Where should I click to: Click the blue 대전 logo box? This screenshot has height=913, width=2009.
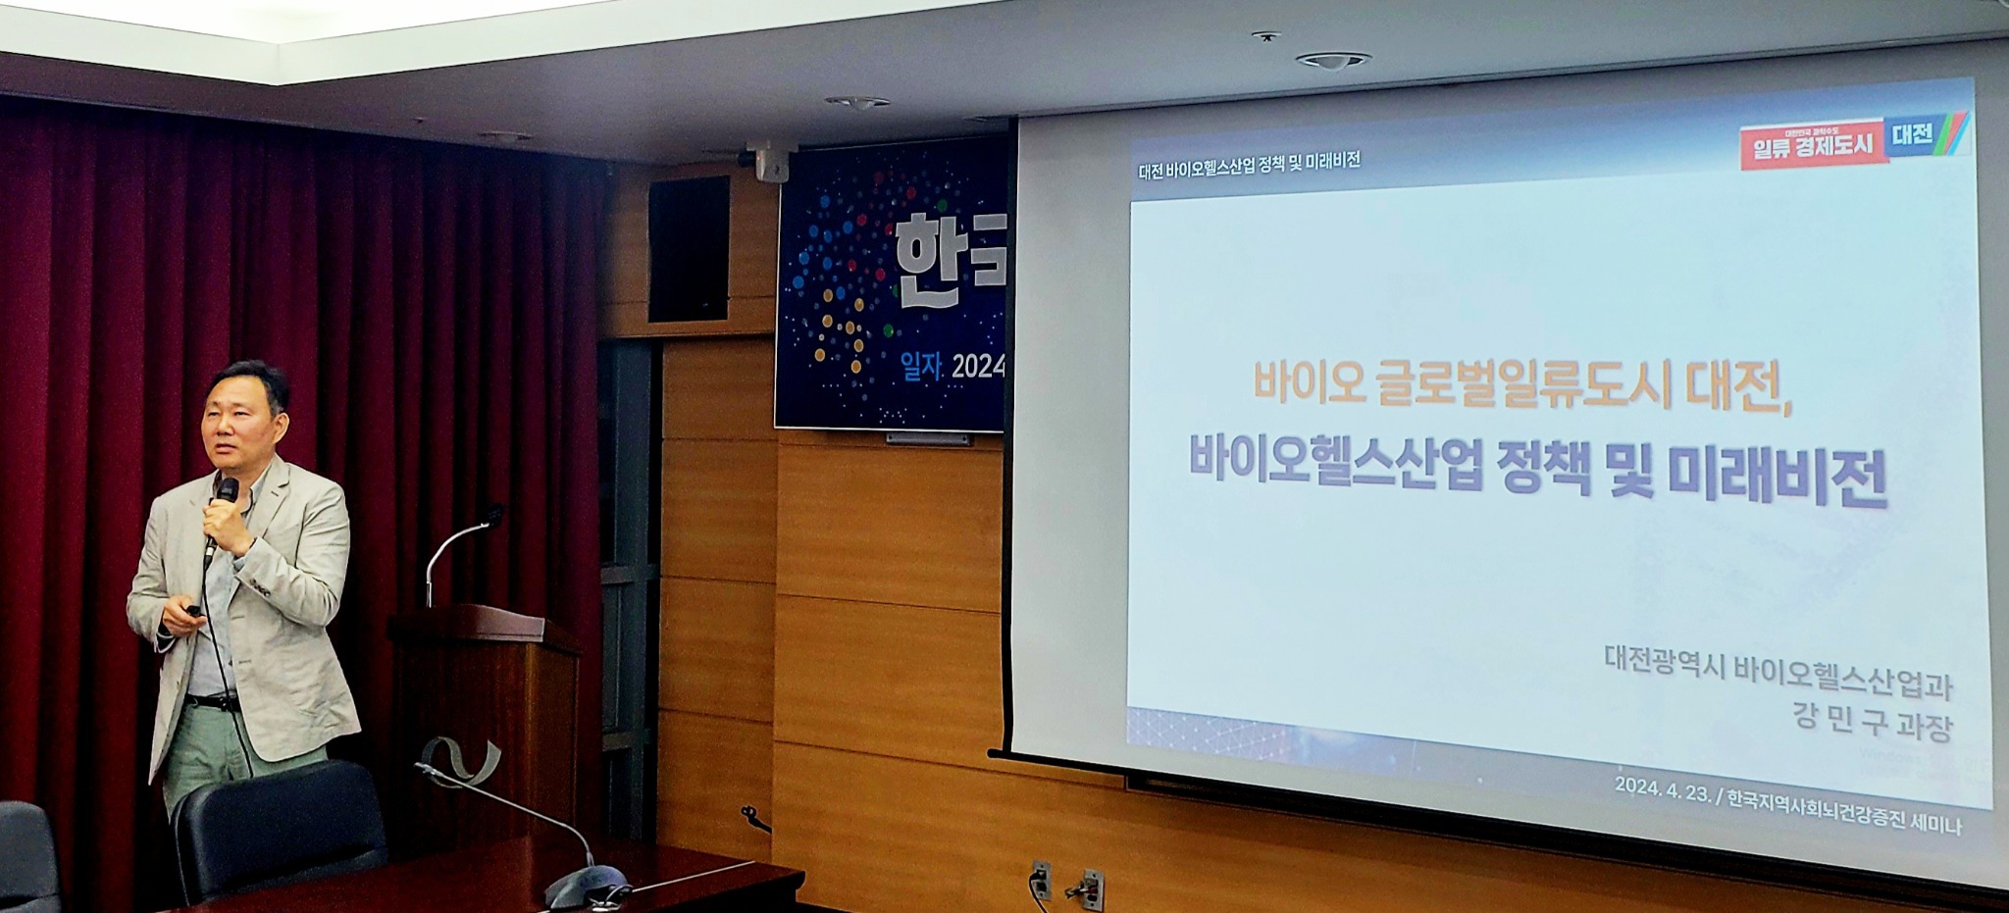1912,134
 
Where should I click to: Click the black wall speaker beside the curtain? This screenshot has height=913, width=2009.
688,249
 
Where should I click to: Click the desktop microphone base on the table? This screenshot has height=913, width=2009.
585,888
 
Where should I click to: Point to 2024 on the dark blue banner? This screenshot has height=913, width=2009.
978,368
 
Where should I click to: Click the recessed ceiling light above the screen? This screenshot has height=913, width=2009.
1331,60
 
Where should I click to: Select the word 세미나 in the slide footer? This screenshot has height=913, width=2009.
1930,826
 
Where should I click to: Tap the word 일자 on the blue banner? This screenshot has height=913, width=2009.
921,367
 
